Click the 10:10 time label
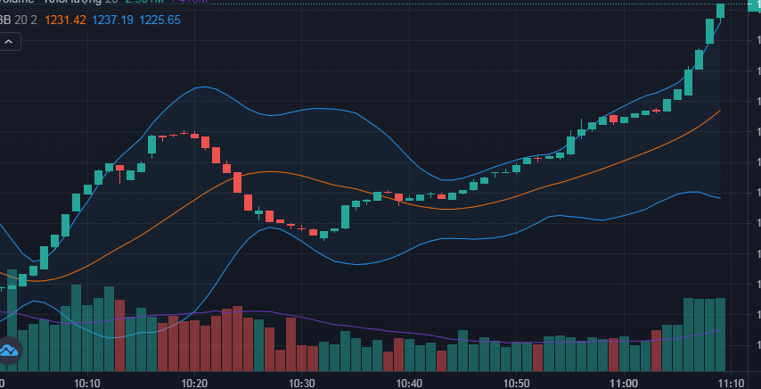(86, 383)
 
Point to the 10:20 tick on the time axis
(194, 383)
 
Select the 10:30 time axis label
(302, 383)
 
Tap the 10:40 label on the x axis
(409, 383)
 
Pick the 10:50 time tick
(517, 383)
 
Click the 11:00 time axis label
(624, 383)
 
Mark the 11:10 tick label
(732, 383)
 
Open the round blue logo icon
(9, 351)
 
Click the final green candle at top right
(721, 10)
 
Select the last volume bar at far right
(721, 335)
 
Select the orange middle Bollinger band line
(267, 172)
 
